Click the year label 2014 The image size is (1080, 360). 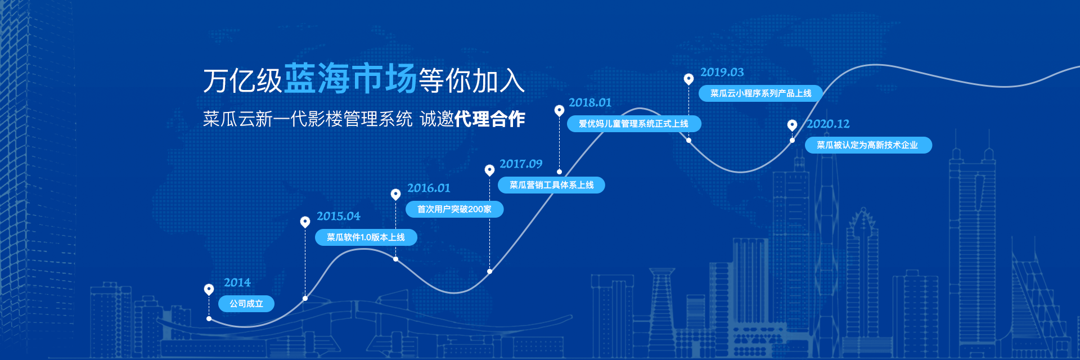pyautogui.click(x=237, y=282)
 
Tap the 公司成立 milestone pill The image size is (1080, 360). pyautogui.click(x=246, y=304)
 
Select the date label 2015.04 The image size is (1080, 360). pyautogui.click(x=339, y=216)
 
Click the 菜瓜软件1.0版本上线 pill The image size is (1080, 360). pyautogui.click(x=366, y=237)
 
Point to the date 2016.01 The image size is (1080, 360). pyautogui.click(x=429, y=188)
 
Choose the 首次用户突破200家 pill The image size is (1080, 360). pyautogui.click(x=454, y=209)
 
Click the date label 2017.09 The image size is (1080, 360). pyautogui.click(x=521, y=164)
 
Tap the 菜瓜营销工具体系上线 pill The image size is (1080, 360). pyautogui.click(x=551, y=185)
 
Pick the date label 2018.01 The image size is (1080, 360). pyautogui.click(x=590, y=102)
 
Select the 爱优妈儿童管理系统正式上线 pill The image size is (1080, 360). pyautogui.click(x=634, y=124)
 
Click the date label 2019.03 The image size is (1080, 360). pyautogui.click(x=722, y=72)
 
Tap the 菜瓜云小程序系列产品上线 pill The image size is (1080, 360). pyautogui.click(x=760, y=93)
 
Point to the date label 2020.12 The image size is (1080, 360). pyautogui.click(x=828, y=124)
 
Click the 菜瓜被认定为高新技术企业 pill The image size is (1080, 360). pyautogui.click(x=868, y=145)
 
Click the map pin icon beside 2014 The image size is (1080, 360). pyautogui.click(x=209, y=289)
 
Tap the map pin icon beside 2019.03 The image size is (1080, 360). pyautogui.click(x=688, y=79)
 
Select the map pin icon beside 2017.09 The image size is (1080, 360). pyautogui.click(x=489, y=170)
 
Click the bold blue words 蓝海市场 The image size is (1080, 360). pyautogui.click(x=350, y=78)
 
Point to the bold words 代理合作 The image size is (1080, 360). pyautogui.click(x=489, y=119)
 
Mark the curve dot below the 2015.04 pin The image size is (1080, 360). pyautogui.click(x=305, y=298)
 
